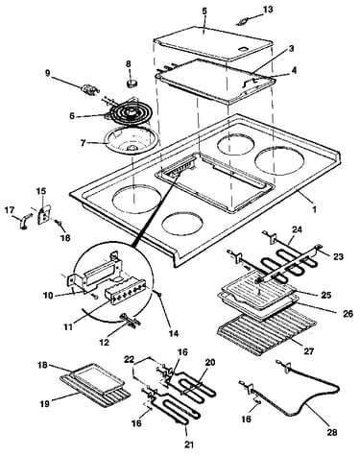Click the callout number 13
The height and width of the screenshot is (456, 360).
(268, 10)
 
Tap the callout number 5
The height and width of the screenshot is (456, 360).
(204, 11)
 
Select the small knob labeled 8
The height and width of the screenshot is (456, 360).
(131, 84)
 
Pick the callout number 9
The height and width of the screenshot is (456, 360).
(48, 73)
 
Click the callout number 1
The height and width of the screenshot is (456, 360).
(315, 209)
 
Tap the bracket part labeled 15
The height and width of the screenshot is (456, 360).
(44, 214)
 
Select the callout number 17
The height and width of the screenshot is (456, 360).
(10, 210)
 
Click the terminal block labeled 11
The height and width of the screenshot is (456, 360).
(125, 291)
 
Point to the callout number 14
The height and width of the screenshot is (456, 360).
(173, 333)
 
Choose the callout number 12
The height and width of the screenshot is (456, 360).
(104, 342)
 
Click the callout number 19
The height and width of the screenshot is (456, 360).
(44, 404)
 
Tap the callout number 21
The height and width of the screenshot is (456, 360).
(188, 444)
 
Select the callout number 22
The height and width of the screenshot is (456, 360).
(131, 360)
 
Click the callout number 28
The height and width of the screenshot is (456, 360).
(332, 432)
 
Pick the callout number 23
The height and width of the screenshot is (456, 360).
(338, 256)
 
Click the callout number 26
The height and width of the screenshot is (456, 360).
(348, 314)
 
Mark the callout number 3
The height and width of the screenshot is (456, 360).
(291, 49)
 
